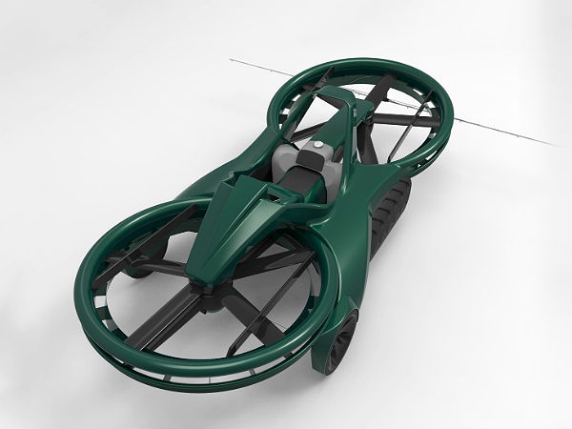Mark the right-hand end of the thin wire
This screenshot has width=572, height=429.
557,145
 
